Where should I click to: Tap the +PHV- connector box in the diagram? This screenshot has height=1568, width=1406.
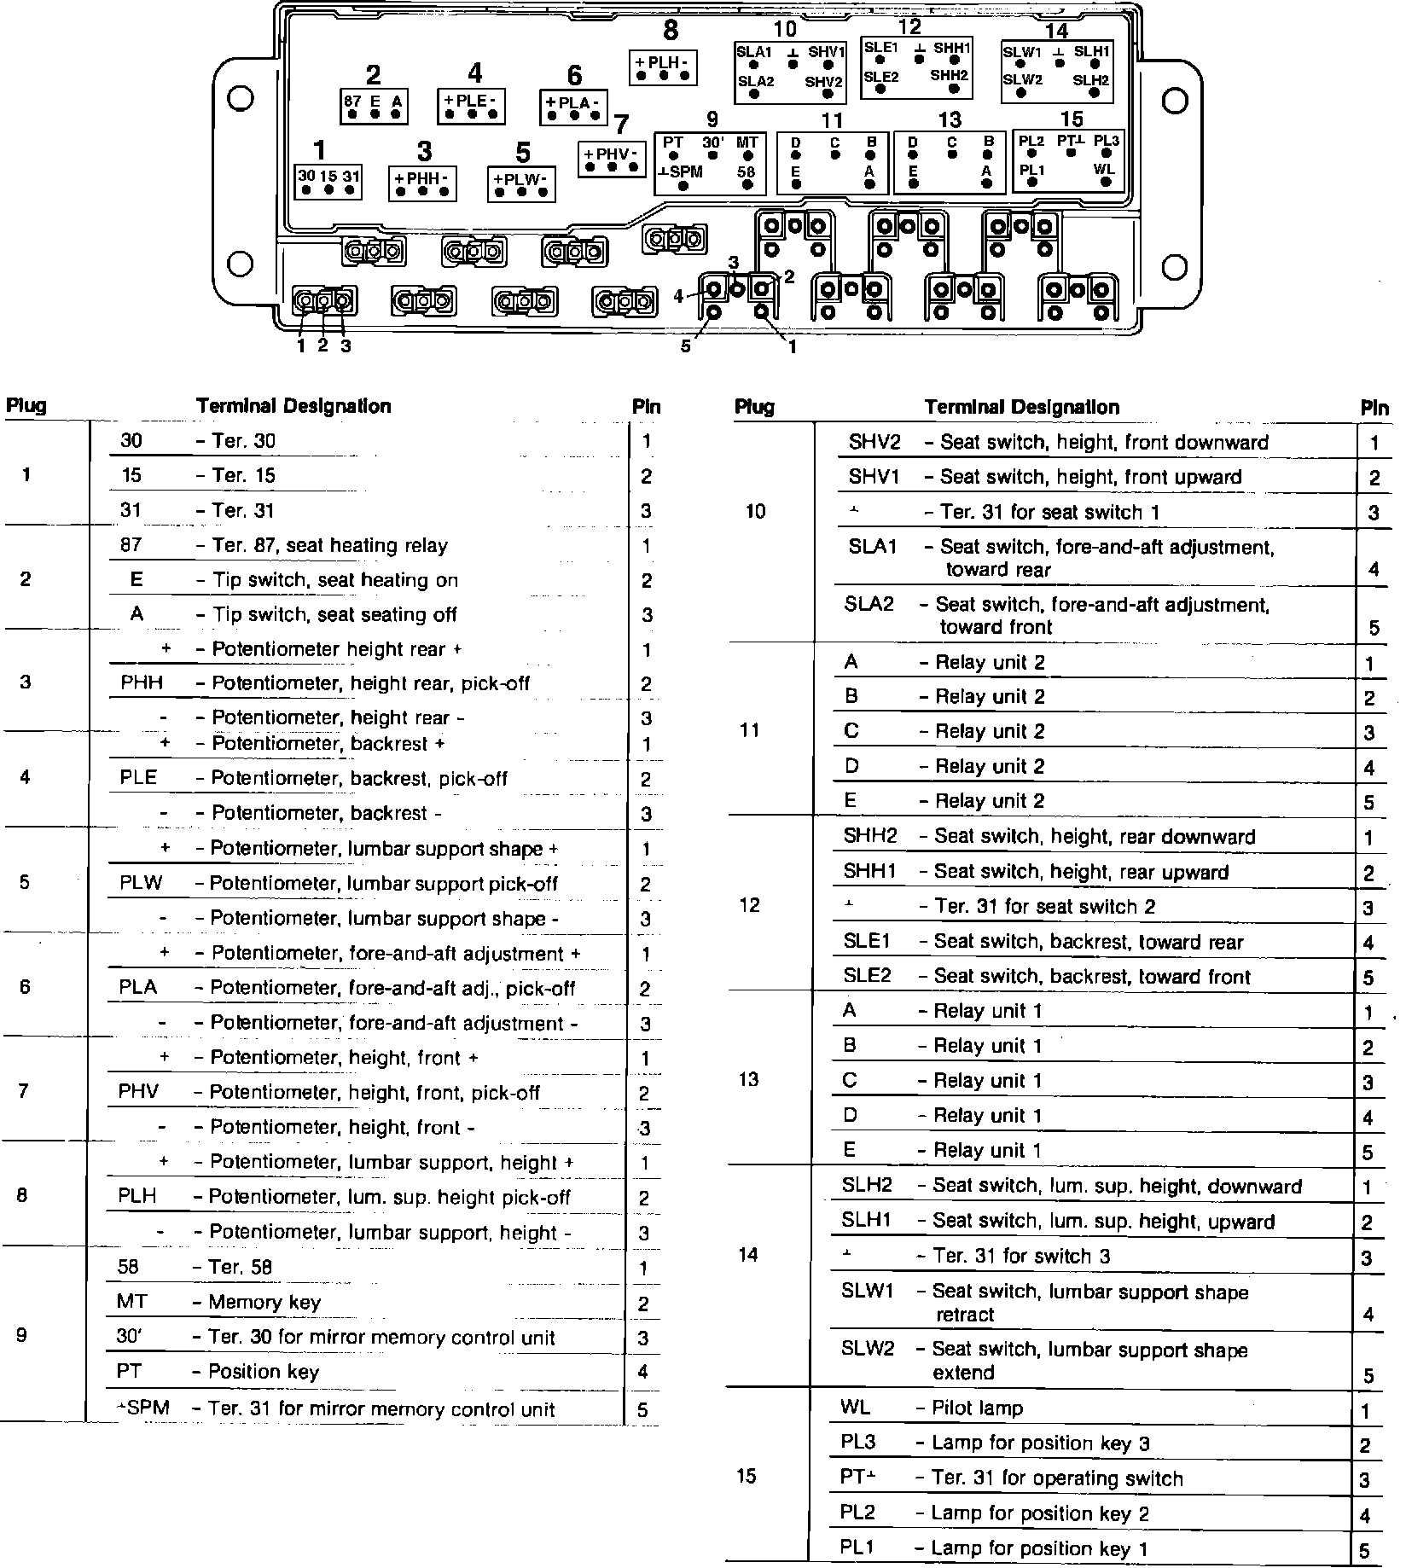(612, 158)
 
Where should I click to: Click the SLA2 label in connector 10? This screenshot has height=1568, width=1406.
(755, 82)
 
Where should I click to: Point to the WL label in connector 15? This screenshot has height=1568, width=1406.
(1104, 169)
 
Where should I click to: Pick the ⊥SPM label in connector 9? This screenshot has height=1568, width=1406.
(681, 172)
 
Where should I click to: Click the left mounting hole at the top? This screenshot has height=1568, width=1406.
(241, 99)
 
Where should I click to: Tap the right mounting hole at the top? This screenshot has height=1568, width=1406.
(1175, 101)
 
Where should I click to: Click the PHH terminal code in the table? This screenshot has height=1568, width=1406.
(142, 683)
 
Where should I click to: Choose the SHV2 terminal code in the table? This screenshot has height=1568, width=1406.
(874, 442)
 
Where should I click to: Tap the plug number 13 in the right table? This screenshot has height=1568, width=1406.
(748, 1080)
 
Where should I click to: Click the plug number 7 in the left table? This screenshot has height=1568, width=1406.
(23, 1092)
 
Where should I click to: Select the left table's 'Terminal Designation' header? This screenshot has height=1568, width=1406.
(293, 406)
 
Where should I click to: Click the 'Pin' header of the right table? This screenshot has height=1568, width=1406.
(1374, 409)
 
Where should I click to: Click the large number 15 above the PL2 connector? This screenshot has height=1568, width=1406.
(1072, 119)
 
